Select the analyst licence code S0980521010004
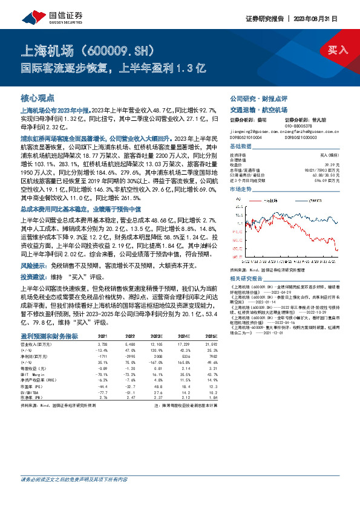click(247, 138)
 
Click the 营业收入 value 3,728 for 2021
click(103, 343)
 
